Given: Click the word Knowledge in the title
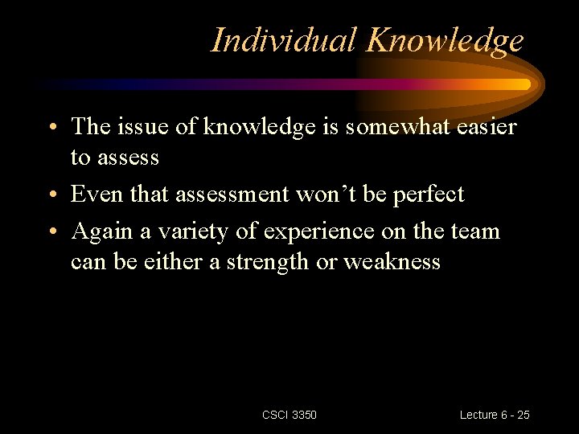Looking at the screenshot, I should click(x=443, y=41).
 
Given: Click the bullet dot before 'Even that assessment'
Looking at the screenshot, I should click(x=51, y=196).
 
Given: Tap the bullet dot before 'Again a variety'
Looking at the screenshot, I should click(x=51, y=233).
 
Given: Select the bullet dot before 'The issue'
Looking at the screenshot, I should click(x=51, y=129).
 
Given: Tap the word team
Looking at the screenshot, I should click(x=477, y=232).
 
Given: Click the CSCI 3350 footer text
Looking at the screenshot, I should click(x=289, y=415).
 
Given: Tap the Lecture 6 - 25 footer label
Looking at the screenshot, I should click(x=495, y=415).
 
